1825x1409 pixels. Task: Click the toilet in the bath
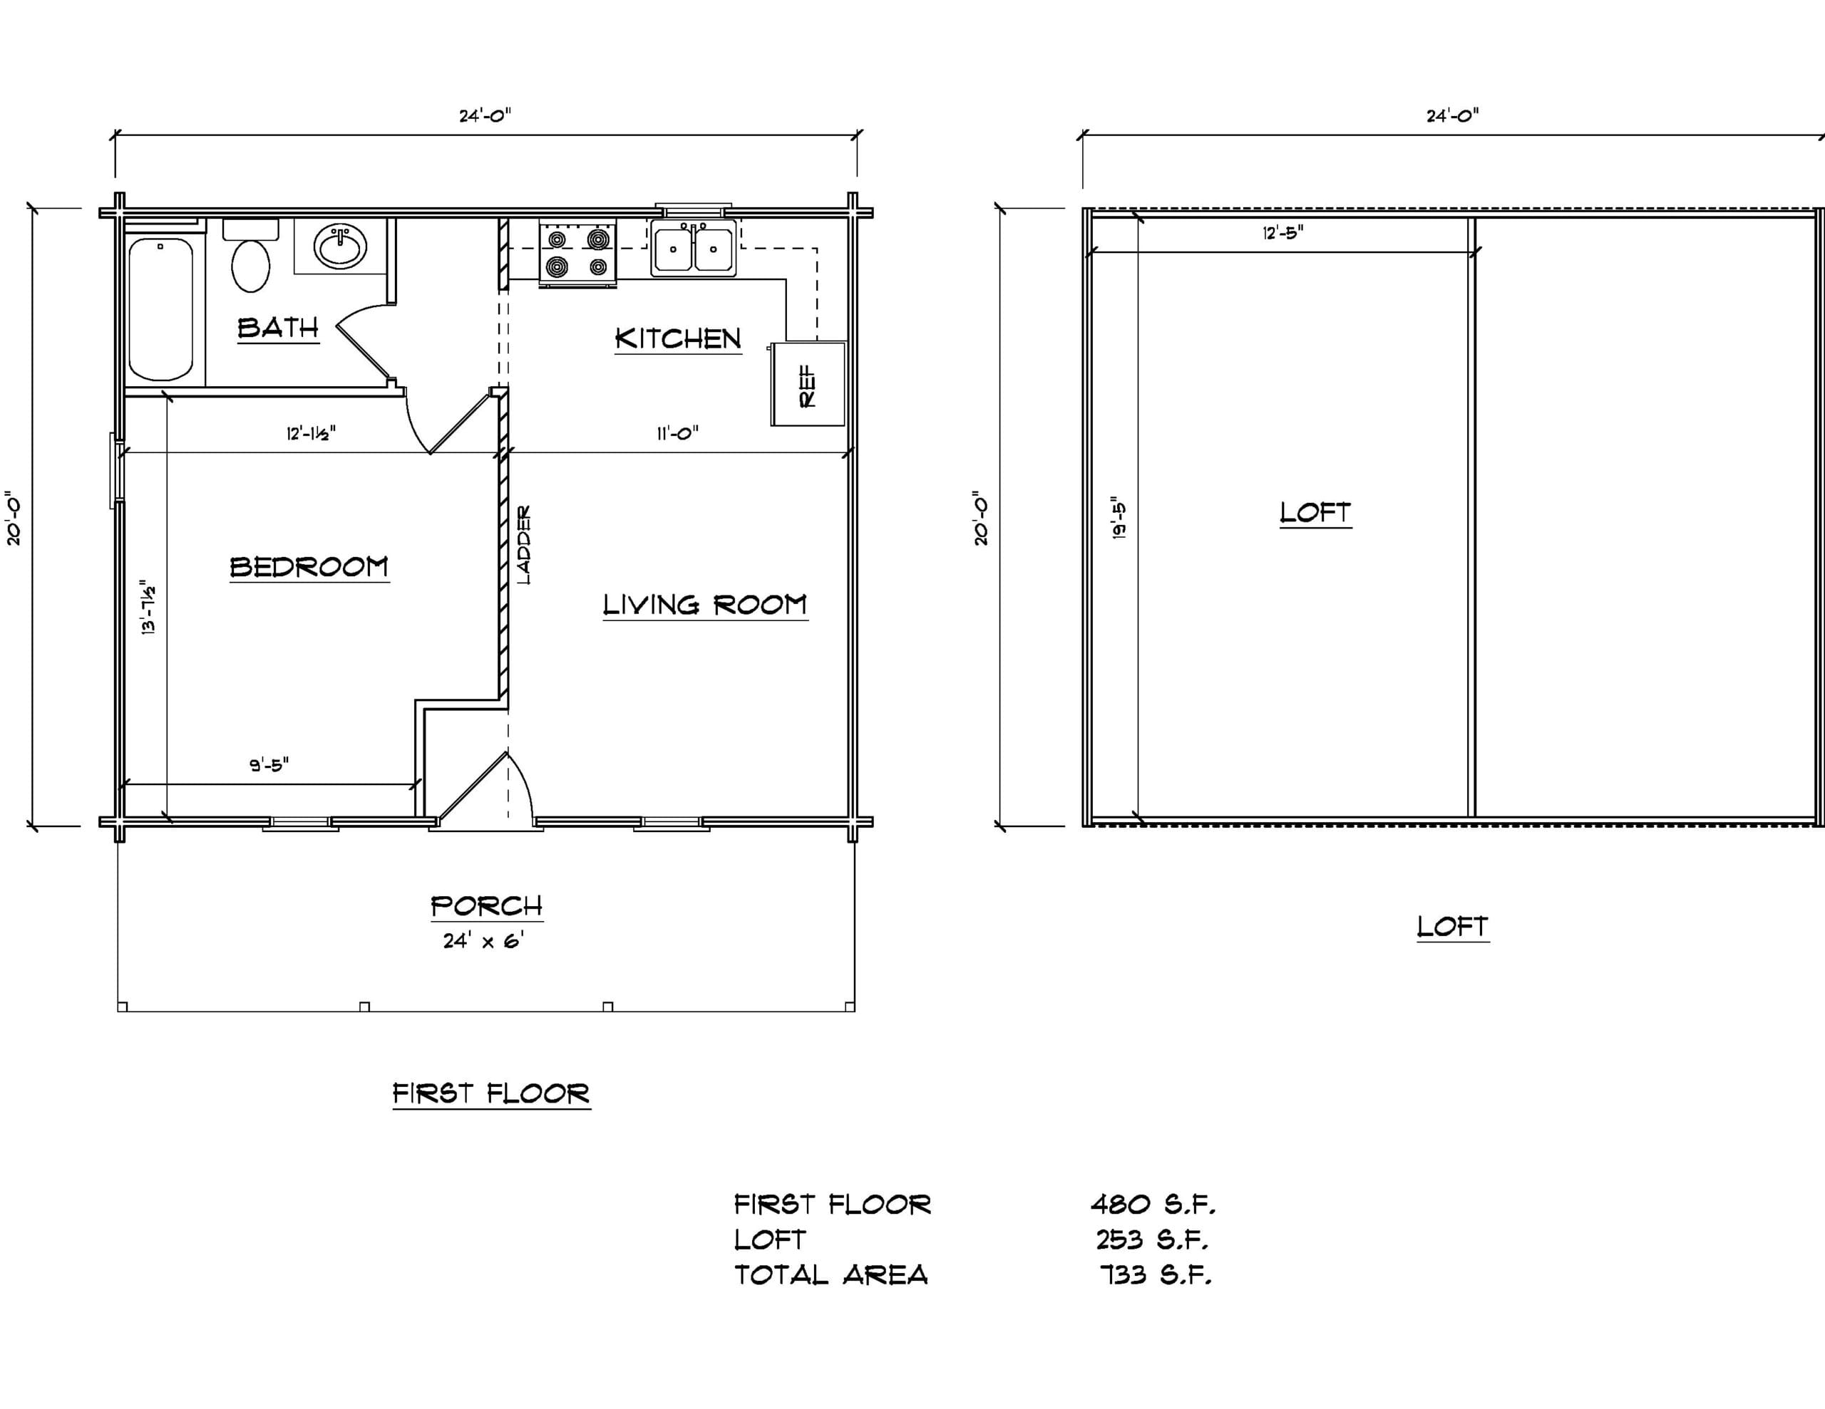click(251, 256)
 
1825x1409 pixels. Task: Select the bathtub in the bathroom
click(161, 309)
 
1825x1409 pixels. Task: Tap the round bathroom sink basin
click(340, 246)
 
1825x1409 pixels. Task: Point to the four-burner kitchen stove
click(577, 253)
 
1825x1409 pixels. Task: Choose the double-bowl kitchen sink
click(694, 247)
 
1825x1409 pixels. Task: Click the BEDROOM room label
click(309, 567)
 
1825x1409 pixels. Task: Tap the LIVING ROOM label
click(705, 605)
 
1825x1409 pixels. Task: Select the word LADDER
click(524, 544)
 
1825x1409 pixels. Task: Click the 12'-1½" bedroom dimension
click(311, 434)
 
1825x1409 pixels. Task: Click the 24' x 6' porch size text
click(483, 940)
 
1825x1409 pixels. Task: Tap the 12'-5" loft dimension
click(1282, 232)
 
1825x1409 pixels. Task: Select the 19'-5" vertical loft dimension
click(1121, 520)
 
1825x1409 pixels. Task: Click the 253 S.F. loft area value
click(1152, 1239)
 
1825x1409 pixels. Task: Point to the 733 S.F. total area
click(1156, 1274)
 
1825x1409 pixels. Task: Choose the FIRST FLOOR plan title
click(491, 1093)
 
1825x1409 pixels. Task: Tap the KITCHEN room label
click(678, 338)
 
